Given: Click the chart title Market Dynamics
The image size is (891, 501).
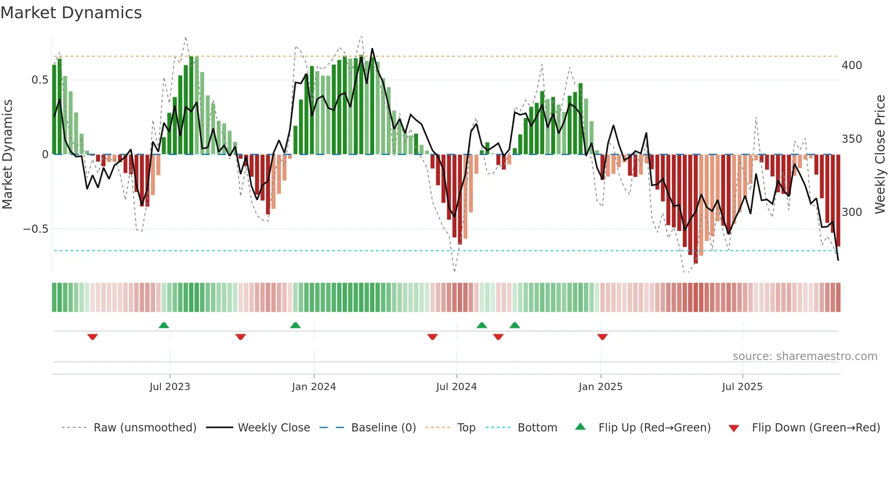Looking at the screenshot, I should click(71, 13).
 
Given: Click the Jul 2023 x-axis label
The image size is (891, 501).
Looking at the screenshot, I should click(170, 387).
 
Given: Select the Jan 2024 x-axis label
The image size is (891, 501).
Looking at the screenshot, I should click(314, 387).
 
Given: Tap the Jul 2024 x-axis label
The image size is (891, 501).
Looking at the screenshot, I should click(456, 387).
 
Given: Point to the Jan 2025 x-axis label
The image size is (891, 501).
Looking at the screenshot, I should click(601, 387).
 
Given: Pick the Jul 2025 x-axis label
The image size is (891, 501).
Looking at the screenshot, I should click(742, 387).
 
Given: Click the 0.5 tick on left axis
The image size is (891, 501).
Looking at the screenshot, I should click(40, 80).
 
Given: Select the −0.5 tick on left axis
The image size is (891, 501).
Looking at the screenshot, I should click(36, 229).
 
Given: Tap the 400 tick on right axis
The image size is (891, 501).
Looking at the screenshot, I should click(851, 65).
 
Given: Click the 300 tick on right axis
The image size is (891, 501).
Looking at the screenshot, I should click(851, 212).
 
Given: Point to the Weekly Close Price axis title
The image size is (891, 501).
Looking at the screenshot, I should click(881, 155).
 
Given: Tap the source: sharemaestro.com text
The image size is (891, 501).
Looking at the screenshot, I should click(805, 356).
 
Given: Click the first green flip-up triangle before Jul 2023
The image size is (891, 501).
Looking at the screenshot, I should click(164, 325).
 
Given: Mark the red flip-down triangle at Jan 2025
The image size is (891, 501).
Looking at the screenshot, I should click(602, 337).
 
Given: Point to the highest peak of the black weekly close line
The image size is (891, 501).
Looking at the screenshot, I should click(372, 49).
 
